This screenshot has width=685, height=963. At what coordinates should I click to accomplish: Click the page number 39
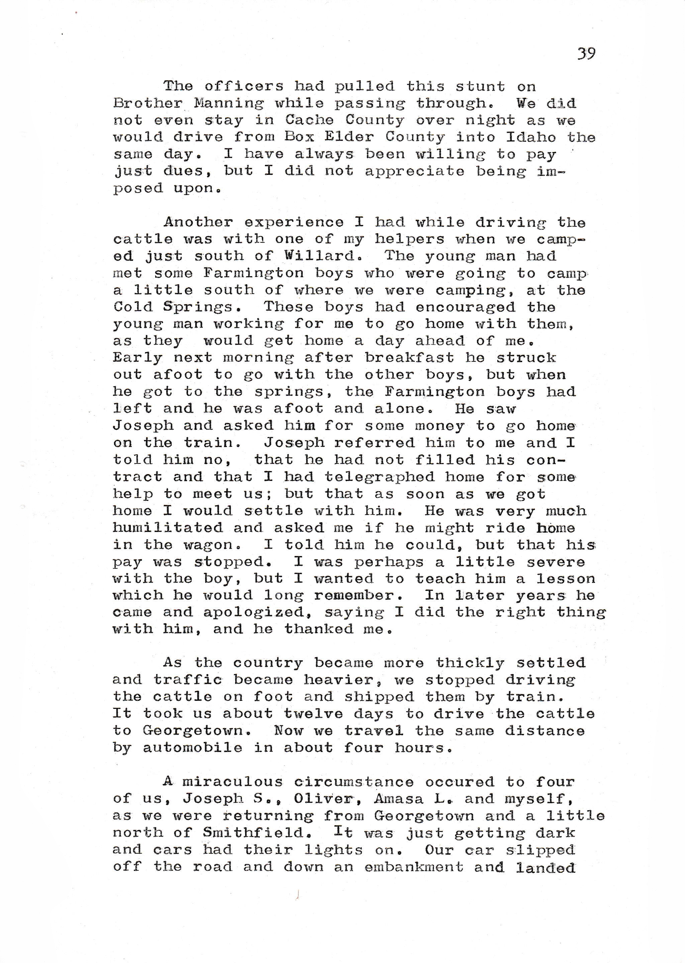(586, 53)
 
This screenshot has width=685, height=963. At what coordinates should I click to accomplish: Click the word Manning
(229, 103)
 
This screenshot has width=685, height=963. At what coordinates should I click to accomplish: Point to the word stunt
(480, 86)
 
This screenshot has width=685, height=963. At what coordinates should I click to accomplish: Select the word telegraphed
(379, 477)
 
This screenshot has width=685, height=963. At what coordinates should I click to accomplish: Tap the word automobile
(192, 748)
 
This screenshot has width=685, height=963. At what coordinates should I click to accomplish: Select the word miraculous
(232, 782)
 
